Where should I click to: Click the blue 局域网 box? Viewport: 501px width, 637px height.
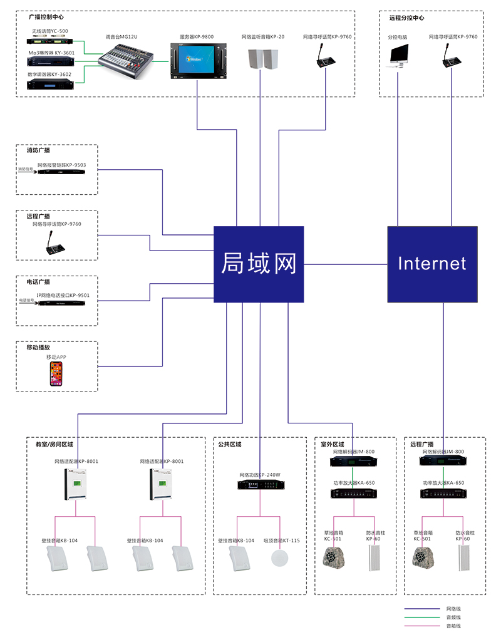(259, 264)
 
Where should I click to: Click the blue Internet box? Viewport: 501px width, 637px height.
(432, 264)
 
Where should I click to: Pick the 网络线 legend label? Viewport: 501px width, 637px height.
(453, 608)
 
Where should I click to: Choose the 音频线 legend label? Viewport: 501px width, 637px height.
(453, 617)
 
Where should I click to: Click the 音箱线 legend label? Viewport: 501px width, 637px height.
(453, 626)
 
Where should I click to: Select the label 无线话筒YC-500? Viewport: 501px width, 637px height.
(50, 31)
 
